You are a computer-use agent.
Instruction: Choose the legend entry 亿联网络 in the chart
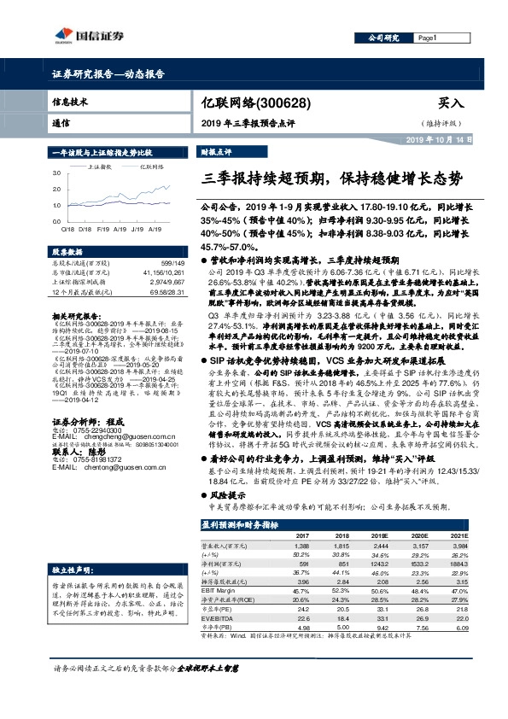coord(151,168)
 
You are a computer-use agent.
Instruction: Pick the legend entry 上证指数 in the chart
coord(101,168)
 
